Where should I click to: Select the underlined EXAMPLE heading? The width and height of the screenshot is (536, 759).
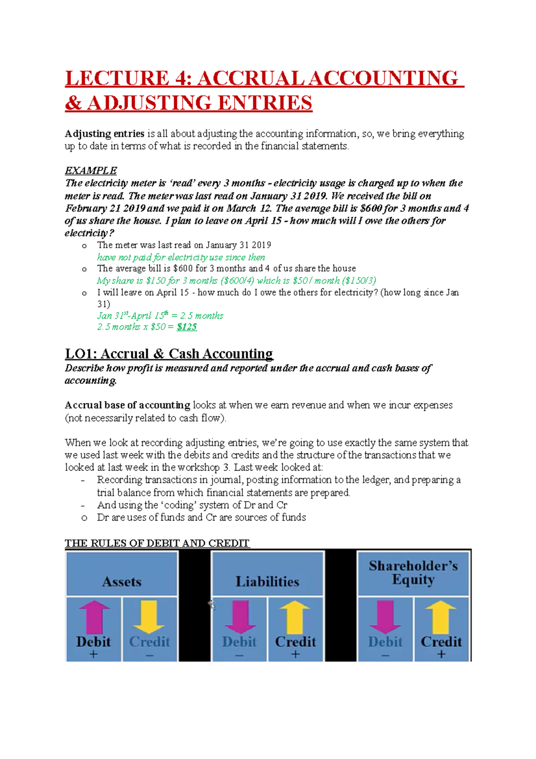click(x=91, y=171)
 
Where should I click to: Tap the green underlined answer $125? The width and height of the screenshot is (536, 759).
click(x=187, y=327)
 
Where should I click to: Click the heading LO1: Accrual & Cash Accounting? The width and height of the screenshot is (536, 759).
click(x=169, y=354)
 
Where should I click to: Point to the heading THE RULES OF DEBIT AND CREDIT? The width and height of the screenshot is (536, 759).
click(x=157, y=543)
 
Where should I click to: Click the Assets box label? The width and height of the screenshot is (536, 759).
click(x=121, y=582)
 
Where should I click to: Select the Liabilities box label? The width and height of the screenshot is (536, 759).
click(x=267, y=582)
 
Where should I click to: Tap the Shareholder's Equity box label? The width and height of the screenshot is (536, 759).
click(x=413, y=573)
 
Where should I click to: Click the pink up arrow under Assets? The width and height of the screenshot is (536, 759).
click(x=94, y=617)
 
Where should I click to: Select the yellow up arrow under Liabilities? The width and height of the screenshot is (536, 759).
click(x=294, y=617)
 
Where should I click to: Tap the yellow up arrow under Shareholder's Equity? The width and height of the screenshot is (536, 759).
click(x=440, y=617)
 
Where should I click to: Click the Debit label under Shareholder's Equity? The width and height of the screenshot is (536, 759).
click(x=385, y=642)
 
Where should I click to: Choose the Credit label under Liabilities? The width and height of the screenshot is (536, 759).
click(x=295, y=642)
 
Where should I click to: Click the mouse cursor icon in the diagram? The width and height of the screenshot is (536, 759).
click(x=212, y=605)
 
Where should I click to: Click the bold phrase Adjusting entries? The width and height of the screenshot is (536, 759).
click(x=105, y=134)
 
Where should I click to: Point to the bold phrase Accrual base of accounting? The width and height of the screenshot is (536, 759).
click(x=127, y=405)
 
